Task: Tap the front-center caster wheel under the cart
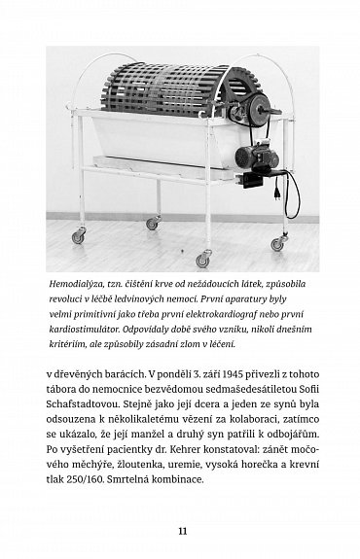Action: [201, 260]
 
